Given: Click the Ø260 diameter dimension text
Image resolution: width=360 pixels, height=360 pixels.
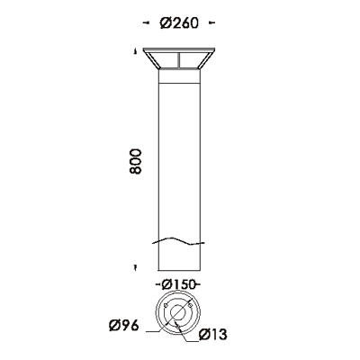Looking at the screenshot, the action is click(179, 22).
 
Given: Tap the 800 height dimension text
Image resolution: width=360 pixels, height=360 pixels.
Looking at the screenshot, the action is click(135, 161).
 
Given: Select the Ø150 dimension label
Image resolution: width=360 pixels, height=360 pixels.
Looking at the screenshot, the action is click(178, 284).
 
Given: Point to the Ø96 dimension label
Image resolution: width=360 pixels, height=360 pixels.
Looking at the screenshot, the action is click(124, 326).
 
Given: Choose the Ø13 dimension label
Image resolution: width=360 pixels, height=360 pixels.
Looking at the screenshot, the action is click(212, 335).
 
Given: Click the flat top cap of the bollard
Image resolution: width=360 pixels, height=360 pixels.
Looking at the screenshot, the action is click(179, 49).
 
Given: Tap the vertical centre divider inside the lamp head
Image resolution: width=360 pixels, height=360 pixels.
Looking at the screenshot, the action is click(179, 60).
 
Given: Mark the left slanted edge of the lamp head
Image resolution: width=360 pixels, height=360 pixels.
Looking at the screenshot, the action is click(151, 59).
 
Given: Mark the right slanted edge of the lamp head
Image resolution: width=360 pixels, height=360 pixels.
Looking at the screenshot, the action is click(207, 59).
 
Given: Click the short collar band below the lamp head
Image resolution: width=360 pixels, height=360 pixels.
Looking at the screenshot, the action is click(179, 76).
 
